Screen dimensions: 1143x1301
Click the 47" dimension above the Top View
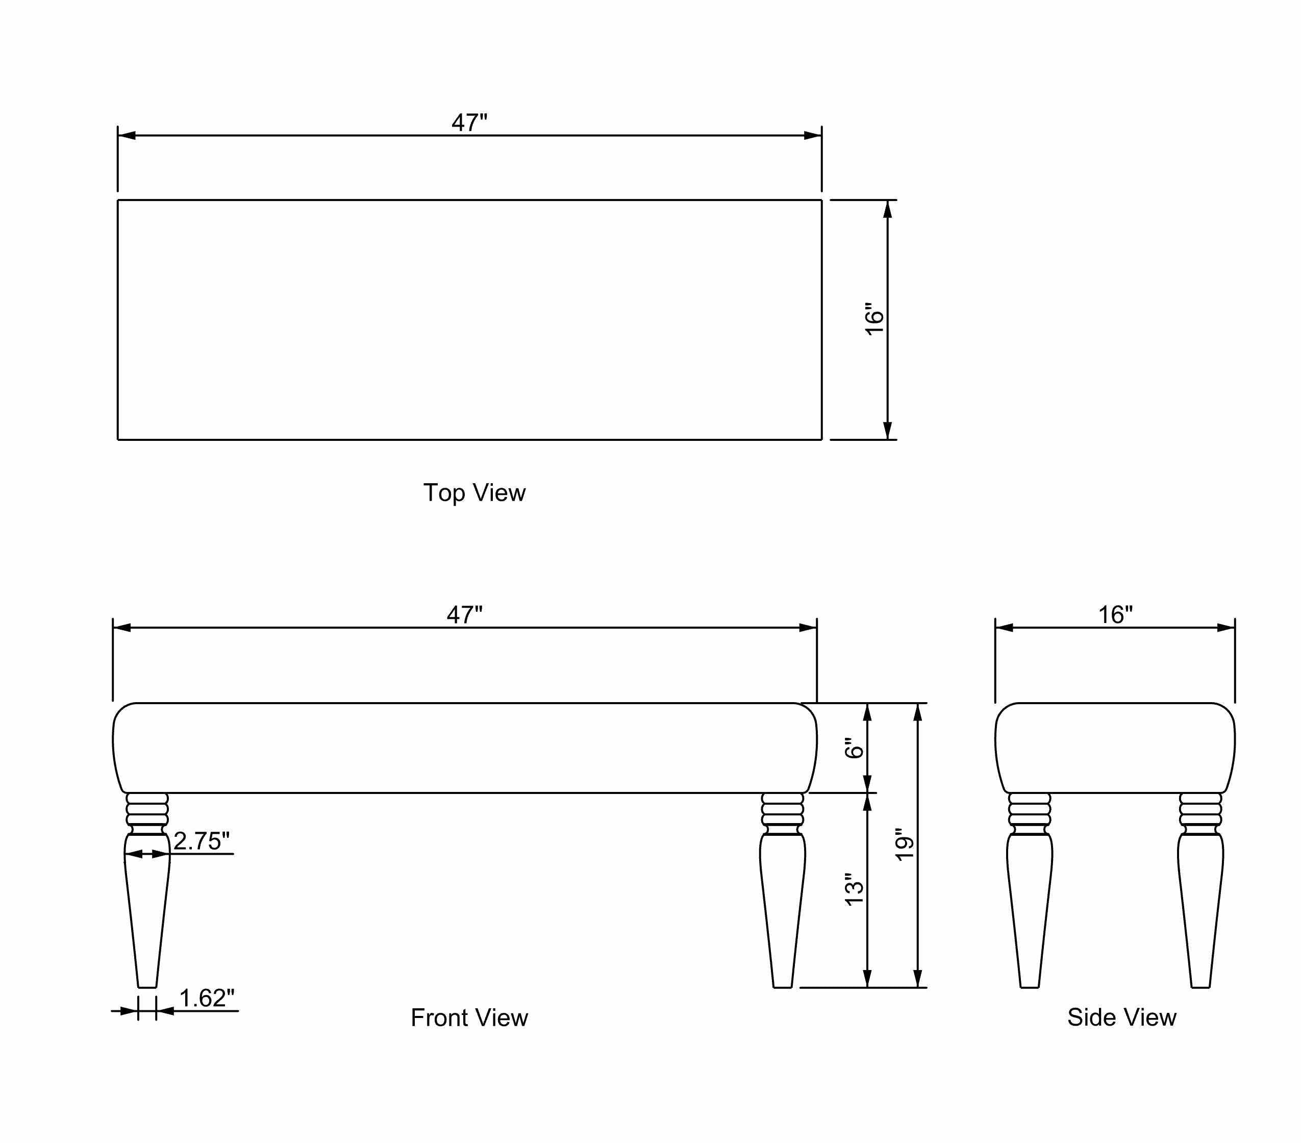tap(469, 122)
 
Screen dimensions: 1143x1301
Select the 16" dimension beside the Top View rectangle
tap(875, 319)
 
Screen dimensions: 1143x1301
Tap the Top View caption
tap(474, 492)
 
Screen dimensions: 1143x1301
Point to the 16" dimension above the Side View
tap(1115, 615)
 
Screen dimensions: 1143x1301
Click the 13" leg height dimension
tap(854, 889)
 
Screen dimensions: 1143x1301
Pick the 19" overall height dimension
tap(905, 844)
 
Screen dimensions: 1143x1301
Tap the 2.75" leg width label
tap(201, 841)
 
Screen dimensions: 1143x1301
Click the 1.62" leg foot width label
tap(206, 998)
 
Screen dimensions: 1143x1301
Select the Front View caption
tap(469, 1017)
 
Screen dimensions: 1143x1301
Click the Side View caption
tap(1121, 1017)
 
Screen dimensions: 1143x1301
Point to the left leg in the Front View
tap(147, 904)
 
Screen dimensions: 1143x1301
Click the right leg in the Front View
tap(782, 904)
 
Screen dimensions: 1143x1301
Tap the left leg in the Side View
tap(1029, 904)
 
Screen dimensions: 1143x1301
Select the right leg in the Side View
tap(1200, 904)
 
